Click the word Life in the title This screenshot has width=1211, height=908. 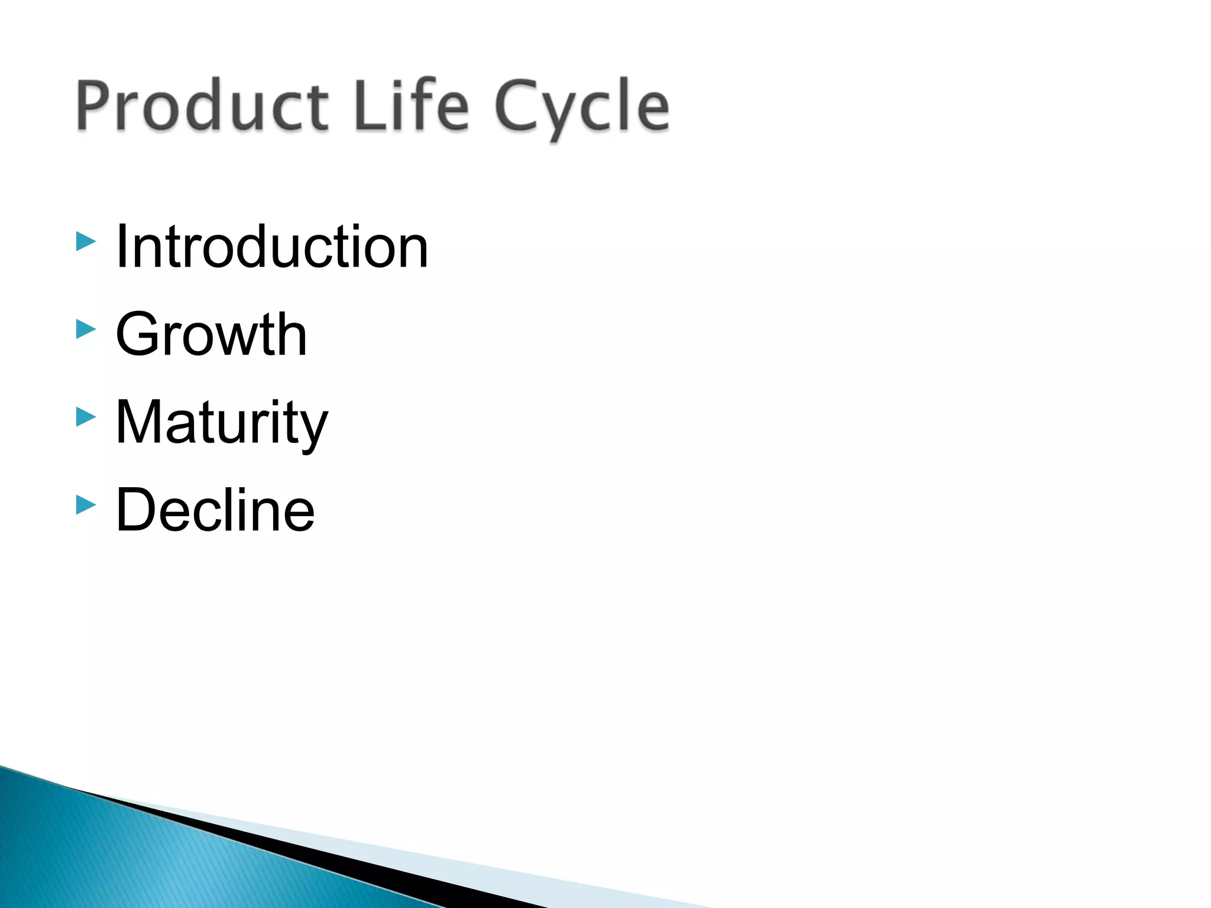411,106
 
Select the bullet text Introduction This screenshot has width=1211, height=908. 271,247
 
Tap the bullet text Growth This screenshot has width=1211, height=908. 211,335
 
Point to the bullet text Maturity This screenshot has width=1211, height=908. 221,423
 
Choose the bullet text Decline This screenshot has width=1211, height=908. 215,510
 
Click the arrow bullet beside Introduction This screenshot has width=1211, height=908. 86,241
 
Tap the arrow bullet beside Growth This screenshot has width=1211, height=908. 86,329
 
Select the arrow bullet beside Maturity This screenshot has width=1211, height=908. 86,417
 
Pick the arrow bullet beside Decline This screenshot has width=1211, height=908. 86,505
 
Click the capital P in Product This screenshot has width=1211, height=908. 95,106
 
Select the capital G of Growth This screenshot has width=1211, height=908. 140,335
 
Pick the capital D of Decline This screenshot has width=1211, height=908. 138,510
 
